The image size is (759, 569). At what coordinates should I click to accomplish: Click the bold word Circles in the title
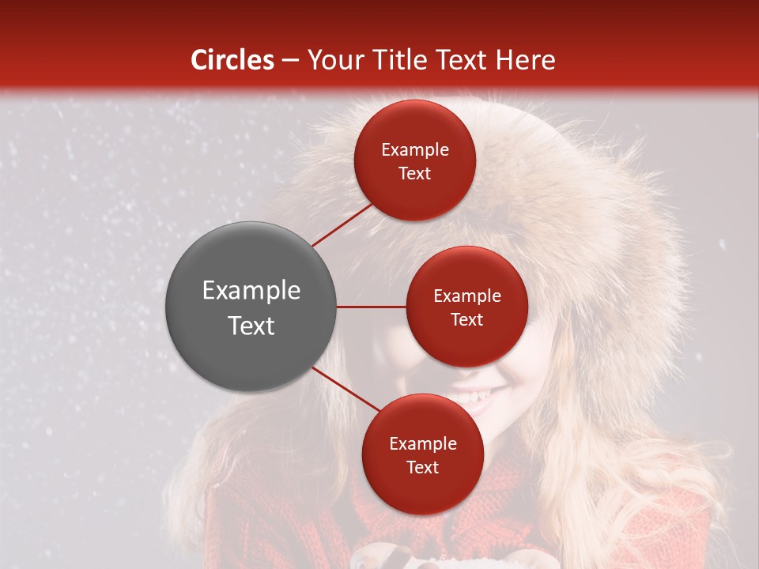[232, 60]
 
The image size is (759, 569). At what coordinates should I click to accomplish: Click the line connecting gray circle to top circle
[342, 224]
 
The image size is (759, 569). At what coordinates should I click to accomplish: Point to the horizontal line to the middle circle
[372, 307]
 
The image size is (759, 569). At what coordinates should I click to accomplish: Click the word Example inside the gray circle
[251, 291]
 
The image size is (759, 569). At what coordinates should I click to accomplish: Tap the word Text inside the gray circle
[251, 326]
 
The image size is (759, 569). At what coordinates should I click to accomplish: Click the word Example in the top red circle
[415, 150]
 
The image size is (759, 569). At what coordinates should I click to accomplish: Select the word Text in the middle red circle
[466, 319]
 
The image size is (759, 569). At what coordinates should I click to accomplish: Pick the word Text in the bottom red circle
[422, 467]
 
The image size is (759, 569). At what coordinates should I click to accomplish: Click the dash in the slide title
[290, 61]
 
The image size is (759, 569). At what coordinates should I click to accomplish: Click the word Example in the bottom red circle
[422, 443]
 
